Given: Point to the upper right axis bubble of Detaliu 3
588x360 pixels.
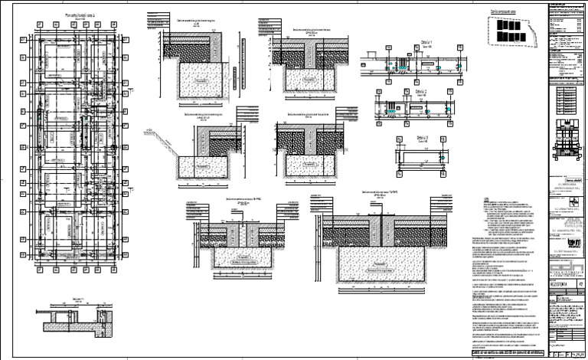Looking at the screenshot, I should tap(449, 141).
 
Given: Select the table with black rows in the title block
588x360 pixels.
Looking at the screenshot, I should tap(567, 99).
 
